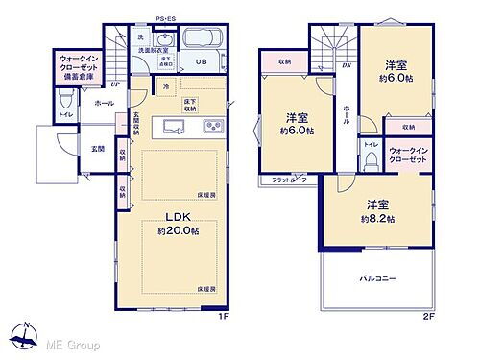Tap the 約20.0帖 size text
coord(179,231)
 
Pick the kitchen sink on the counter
coord(176,127)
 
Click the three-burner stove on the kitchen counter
coord(212,127)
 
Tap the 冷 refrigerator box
coord(165,87)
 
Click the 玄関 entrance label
coord(99,148)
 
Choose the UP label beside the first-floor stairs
coord(115,83)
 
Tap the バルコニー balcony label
coord(379,278)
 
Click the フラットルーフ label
coord(288,180)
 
